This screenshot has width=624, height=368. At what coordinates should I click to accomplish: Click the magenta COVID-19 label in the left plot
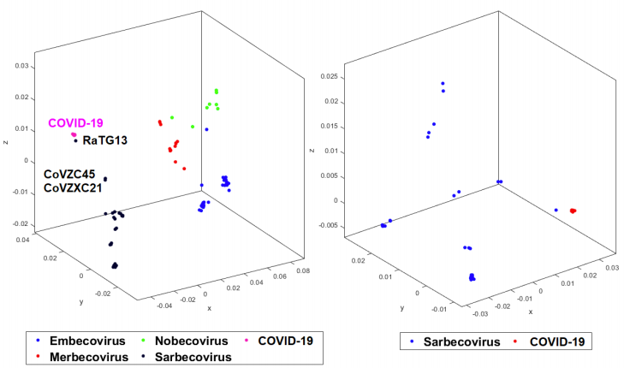74,122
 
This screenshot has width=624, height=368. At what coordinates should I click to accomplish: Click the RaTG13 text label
105,139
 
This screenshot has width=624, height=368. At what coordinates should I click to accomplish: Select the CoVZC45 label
70,175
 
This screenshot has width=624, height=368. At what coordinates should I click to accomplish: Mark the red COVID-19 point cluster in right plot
573,210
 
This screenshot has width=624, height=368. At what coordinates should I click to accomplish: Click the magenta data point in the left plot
74,134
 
